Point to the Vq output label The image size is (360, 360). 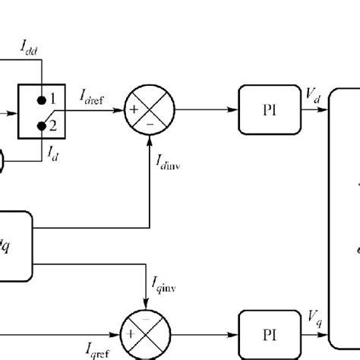312,317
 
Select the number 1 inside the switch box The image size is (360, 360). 54,99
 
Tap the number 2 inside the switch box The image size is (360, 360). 54,122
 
